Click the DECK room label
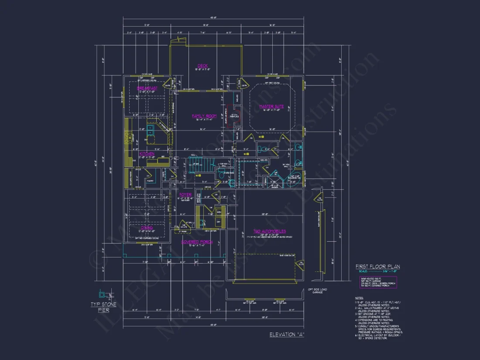click(x=202, y=66)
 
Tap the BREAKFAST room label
click(x=147, y=88)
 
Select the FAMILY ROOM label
click(x=204, y=116)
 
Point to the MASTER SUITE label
click(x=271, y=106)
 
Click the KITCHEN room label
click(x=147, y=154)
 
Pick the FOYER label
click(x=185, y=195)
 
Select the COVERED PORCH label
click(x=196, y=242)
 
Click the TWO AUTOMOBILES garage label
click(x=270, y=231)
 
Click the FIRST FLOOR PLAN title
click(x=377, y=267)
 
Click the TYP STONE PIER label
click(x=103, y=307)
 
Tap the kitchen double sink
click(x=151, y=130)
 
